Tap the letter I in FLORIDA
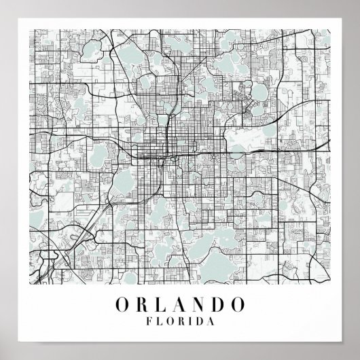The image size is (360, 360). point(192,319)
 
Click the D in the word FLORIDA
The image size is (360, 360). point(201,319)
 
